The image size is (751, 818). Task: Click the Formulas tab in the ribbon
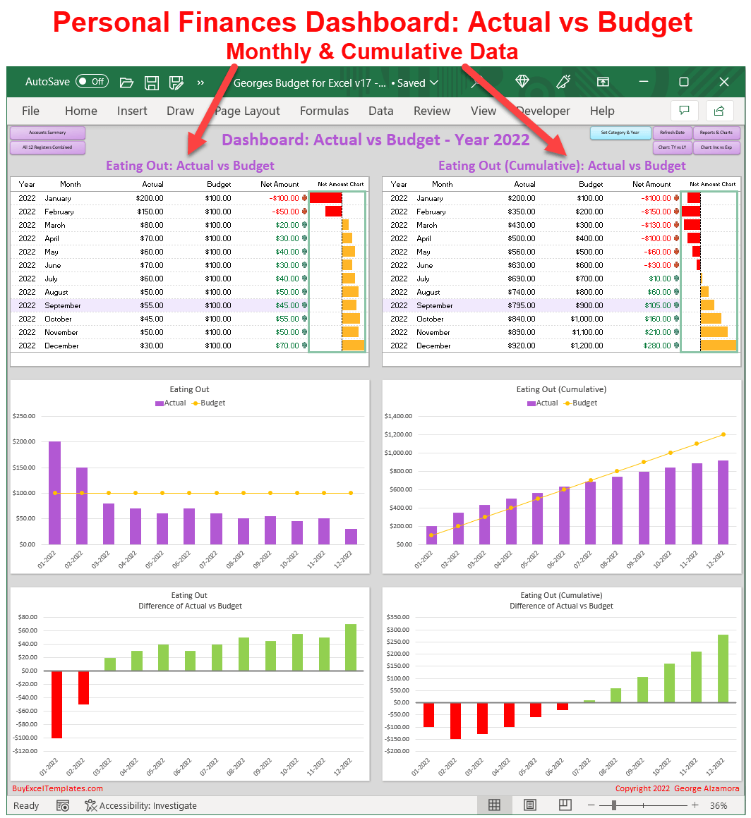324,111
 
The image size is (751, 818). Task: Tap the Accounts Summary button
47,133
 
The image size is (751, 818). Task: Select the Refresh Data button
671,133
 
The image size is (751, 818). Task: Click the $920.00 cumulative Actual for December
522,346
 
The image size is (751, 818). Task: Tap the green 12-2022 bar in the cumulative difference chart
723,668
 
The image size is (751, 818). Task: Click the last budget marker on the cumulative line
723,434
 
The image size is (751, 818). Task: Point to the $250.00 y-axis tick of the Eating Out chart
24,416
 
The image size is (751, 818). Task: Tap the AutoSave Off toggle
91,82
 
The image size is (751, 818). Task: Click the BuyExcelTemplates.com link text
57,788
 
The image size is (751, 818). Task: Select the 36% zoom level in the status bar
719,805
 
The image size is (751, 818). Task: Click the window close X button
723,82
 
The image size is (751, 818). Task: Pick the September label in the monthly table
63,305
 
